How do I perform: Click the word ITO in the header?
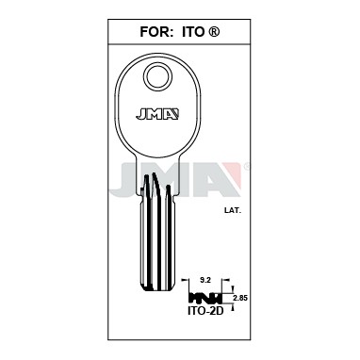(193, 32)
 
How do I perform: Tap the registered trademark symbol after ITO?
(214, 32)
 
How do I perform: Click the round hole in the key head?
(158, 75)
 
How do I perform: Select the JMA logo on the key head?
(157, 114)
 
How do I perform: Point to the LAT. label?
(233, 211)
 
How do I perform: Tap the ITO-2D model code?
(205, 311)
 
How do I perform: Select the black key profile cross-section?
(205, 298)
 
